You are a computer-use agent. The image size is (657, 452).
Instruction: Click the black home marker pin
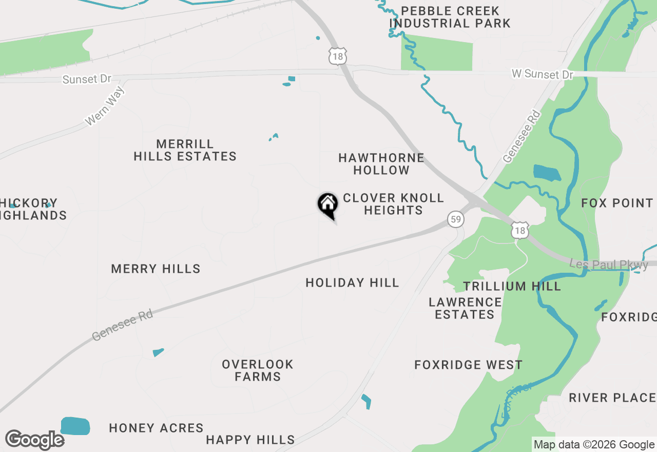327,204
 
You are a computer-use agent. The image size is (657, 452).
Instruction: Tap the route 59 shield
455,219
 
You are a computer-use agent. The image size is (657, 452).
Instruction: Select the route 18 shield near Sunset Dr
338,57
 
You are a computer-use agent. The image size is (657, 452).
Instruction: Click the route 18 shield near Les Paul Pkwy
520,231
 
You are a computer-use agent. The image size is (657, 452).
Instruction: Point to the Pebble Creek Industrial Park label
450,17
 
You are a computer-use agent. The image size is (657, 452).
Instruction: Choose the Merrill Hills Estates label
185,150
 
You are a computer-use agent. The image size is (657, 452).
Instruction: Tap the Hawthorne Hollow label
381,164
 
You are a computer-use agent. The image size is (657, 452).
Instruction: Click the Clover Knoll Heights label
393,204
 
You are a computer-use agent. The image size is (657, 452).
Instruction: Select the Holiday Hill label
352,282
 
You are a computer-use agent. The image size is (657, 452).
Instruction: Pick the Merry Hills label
156,269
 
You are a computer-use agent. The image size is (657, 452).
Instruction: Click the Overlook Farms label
258,370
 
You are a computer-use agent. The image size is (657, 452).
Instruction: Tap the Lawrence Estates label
465,308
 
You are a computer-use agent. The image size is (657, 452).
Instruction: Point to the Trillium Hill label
512,286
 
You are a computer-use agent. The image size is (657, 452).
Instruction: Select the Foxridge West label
468,365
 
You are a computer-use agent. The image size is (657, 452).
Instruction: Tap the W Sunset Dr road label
542,74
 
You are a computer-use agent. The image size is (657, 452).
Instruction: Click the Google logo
35,440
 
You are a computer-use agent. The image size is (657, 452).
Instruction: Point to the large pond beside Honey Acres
75,426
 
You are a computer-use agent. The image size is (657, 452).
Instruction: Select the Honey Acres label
156,428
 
